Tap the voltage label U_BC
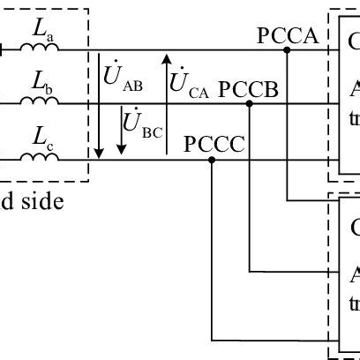click(140, 129)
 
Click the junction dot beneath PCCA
click(288, 50)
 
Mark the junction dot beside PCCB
click(251, 104)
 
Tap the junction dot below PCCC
click(213, 160)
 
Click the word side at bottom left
click(42, 202)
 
